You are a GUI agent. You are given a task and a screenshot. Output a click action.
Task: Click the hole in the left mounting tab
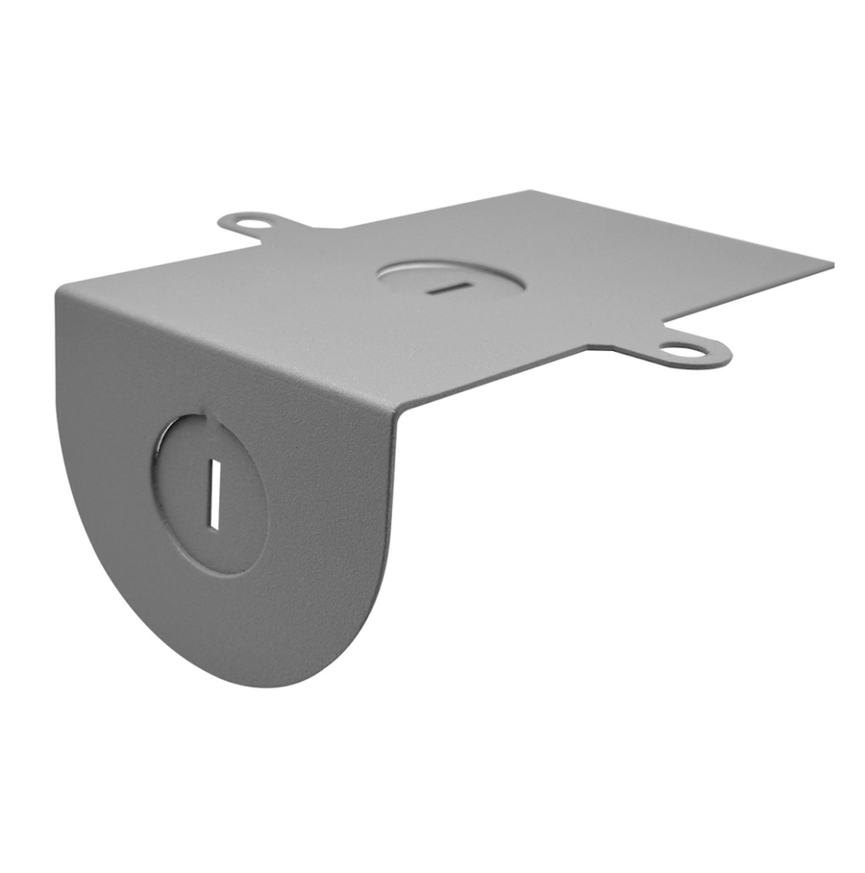click(247, 226)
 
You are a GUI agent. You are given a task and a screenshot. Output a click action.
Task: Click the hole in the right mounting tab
click(681, 352)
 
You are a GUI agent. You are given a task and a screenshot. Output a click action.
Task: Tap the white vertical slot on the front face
click(214, 492)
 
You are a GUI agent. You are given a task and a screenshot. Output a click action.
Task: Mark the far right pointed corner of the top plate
click(831, 263)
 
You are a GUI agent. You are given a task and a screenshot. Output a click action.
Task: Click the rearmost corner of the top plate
click(534, 191)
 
